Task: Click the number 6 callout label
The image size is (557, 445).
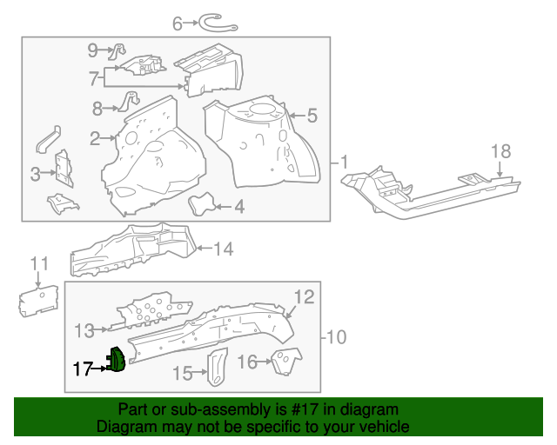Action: pyautogui.click(x=178, y=24)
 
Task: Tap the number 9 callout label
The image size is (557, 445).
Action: pyautogui.click(x=93, y=50)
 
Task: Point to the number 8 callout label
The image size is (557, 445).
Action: pyautogui.click(x=98, y=109)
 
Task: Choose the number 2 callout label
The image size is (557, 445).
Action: pyautogui.click(x=95, y=137)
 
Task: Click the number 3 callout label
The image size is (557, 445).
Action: pyautogui.click(x=36, y=174)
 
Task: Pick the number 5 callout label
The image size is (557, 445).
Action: pyautogui.click(x=312, y=115)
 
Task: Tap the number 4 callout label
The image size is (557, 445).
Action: pyautogui.click(x=238, y=207)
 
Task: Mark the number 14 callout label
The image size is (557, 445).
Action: pyautogui.click(x=224, y=249)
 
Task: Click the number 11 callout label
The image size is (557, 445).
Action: pyautogui.click(x=40, y=263)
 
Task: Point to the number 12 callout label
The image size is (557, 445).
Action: pyautogui.click(x=301, y=298)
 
